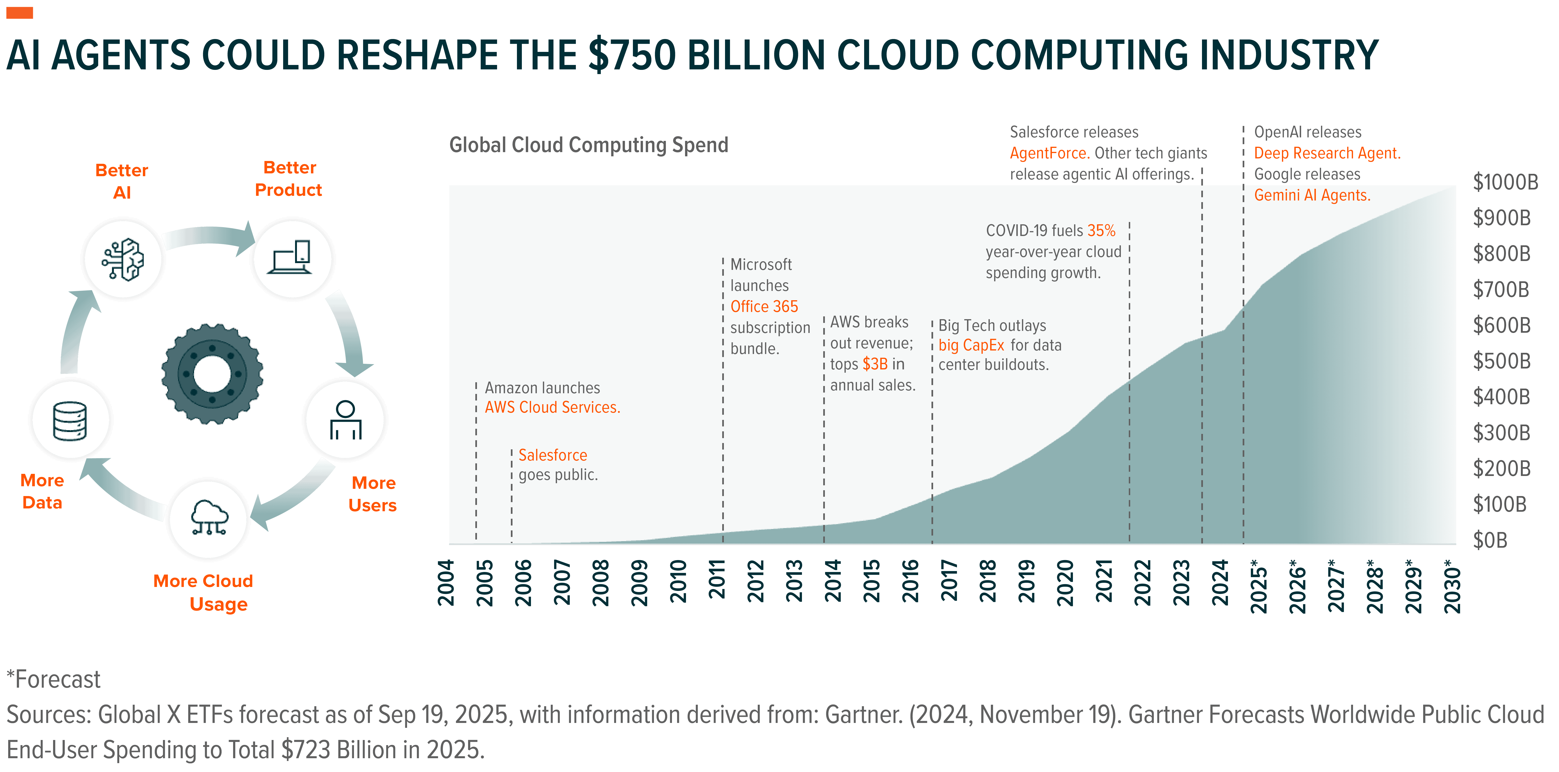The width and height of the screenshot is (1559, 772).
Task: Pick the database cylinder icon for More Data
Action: [x=70, y=420]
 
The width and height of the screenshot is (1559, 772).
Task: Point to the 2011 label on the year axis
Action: [x=717, y=581]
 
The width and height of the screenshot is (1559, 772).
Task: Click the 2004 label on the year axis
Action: [x=446, y=582]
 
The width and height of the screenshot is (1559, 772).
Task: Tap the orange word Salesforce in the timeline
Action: [x=552, y=455]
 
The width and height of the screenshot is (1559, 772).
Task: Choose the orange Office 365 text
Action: [x=764, y=307]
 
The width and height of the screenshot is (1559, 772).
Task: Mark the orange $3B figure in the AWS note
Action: [x=875, y=364]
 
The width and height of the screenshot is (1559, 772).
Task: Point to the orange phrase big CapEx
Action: [x=971, y=346]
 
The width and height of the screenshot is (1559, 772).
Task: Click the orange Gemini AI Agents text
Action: [x=1311, y=195]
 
